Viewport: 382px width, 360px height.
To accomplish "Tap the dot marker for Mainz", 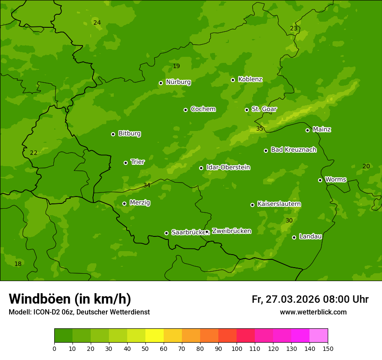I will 307,130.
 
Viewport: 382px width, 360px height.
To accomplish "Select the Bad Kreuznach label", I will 293,150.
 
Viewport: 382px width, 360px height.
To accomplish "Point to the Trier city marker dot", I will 126,163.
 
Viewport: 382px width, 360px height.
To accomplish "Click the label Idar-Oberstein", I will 228,167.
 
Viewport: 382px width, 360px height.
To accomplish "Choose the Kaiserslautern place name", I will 279,204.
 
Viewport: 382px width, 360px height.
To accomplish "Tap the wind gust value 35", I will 260,128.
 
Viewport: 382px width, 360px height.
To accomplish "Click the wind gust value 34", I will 147,185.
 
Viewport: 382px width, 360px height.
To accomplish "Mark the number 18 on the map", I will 18,264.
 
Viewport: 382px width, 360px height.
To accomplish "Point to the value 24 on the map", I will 97,23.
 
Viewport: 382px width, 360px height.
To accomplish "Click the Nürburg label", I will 178,82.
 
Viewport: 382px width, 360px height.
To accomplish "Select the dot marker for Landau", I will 294,237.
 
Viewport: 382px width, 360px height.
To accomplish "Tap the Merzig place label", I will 140,203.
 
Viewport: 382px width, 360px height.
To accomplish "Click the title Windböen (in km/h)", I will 70,299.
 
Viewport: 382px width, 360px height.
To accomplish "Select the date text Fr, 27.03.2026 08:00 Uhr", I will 310,299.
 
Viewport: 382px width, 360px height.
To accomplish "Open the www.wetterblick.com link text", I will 313,312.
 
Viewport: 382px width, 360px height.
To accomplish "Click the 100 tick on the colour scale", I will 237,348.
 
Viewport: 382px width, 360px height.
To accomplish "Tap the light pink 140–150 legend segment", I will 319,336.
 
